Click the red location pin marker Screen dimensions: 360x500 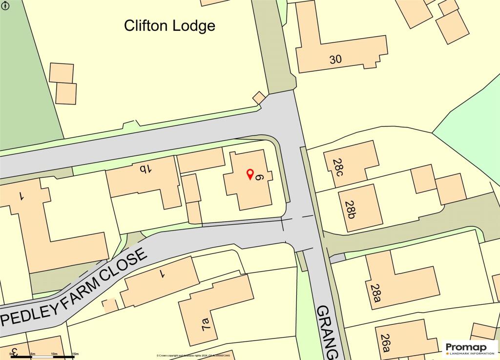tap(250, 174)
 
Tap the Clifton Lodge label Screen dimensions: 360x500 tap(169, 25)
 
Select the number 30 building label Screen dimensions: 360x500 tap(335, 60)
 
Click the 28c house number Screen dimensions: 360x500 tap(339, 166)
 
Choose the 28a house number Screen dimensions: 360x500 tap(375, 294)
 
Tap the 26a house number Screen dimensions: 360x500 tap(386, 342)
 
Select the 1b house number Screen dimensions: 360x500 tap(146, 169)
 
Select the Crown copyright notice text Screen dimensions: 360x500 tap(193, 356)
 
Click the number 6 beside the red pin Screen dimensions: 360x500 tap(260, 178)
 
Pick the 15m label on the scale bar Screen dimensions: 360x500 tap(75, 353)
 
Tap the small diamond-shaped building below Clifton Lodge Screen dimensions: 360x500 tap(259, 97)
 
